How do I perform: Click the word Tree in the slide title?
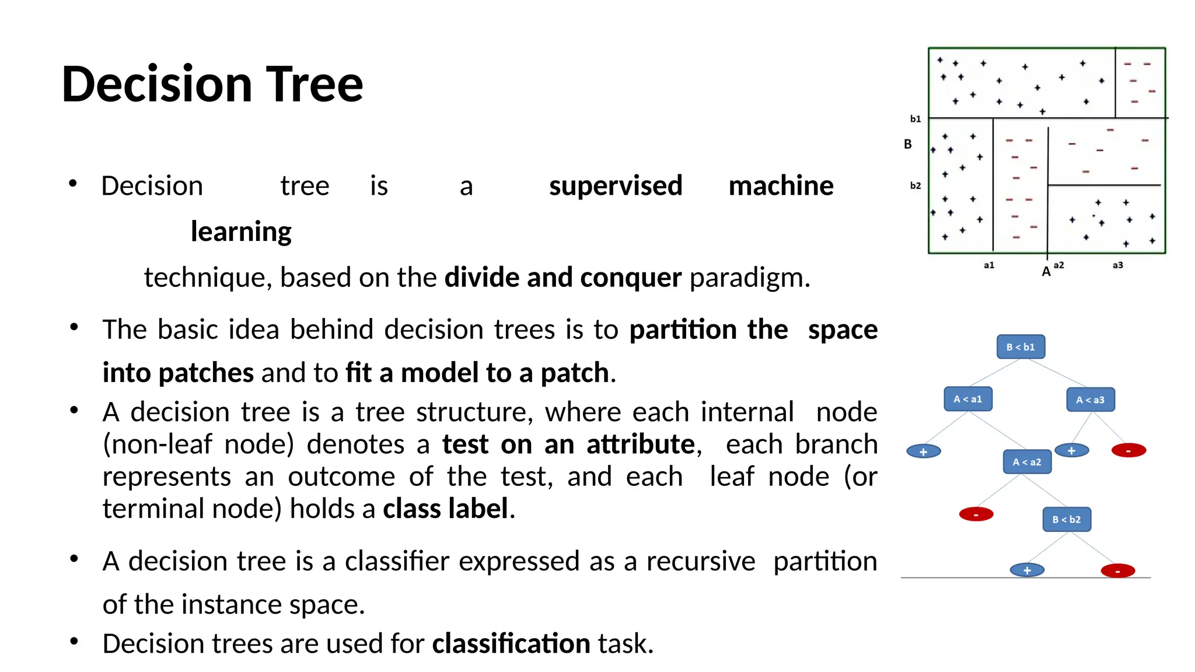(315, 85)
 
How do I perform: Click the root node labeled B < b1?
(1020, 347)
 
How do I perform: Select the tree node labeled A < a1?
(967, 400)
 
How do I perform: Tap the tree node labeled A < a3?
(1090, 400)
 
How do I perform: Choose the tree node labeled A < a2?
(1026, 462)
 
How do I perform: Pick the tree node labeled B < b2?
(1066, 520)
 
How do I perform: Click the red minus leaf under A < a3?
(1128, 450)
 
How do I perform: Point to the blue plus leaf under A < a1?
(923, 452)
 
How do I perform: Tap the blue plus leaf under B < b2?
(1027, 570)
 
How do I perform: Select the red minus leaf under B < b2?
(1117, 570)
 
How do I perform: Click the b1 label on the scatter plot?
(916, 119)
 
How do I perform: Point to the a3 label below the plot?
(1117, 265)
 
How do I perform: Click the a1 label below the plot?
(988, 265)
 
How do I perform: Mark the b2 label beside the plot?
(916, 185)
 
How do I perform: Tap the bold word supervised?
(616, 186)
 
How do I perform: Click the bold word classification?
(511, 644)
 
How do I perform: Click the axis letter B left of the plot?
(907, 144)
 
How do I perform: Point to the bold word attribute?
(641, 444)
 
